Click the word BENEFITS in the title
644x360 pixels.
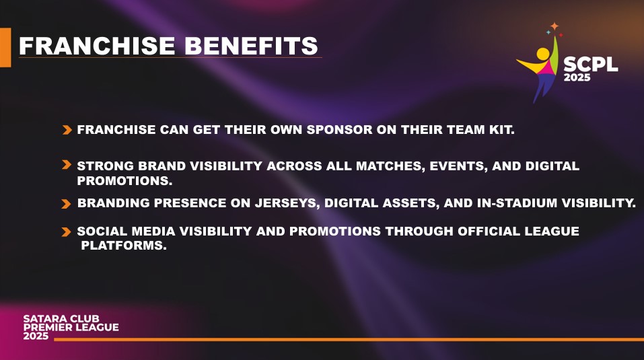click(251, 46)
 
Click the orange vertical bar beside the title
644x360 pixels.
click(5, 47)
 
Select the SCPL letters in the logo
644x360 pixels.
click(591, 65)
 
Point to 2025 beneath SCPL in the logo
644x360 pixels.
click(577, 77)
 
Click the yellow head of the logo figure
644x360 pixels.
click(543, 55)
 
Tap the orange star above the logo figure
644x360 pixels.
click(554, 26)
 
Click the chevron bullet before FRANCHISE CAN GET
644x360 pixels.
click(67, 130)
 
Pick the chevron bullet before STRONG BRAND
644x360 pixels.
click(67, 165)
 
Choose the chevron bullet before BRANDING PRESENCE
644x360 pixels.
click(66, 204)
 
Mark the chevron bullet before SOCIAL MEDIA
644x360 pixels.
click(66, 232)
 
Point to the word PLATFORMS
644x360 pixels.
click(124, 246)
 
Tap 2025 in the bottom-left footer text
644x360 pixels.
click(36, 336)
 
